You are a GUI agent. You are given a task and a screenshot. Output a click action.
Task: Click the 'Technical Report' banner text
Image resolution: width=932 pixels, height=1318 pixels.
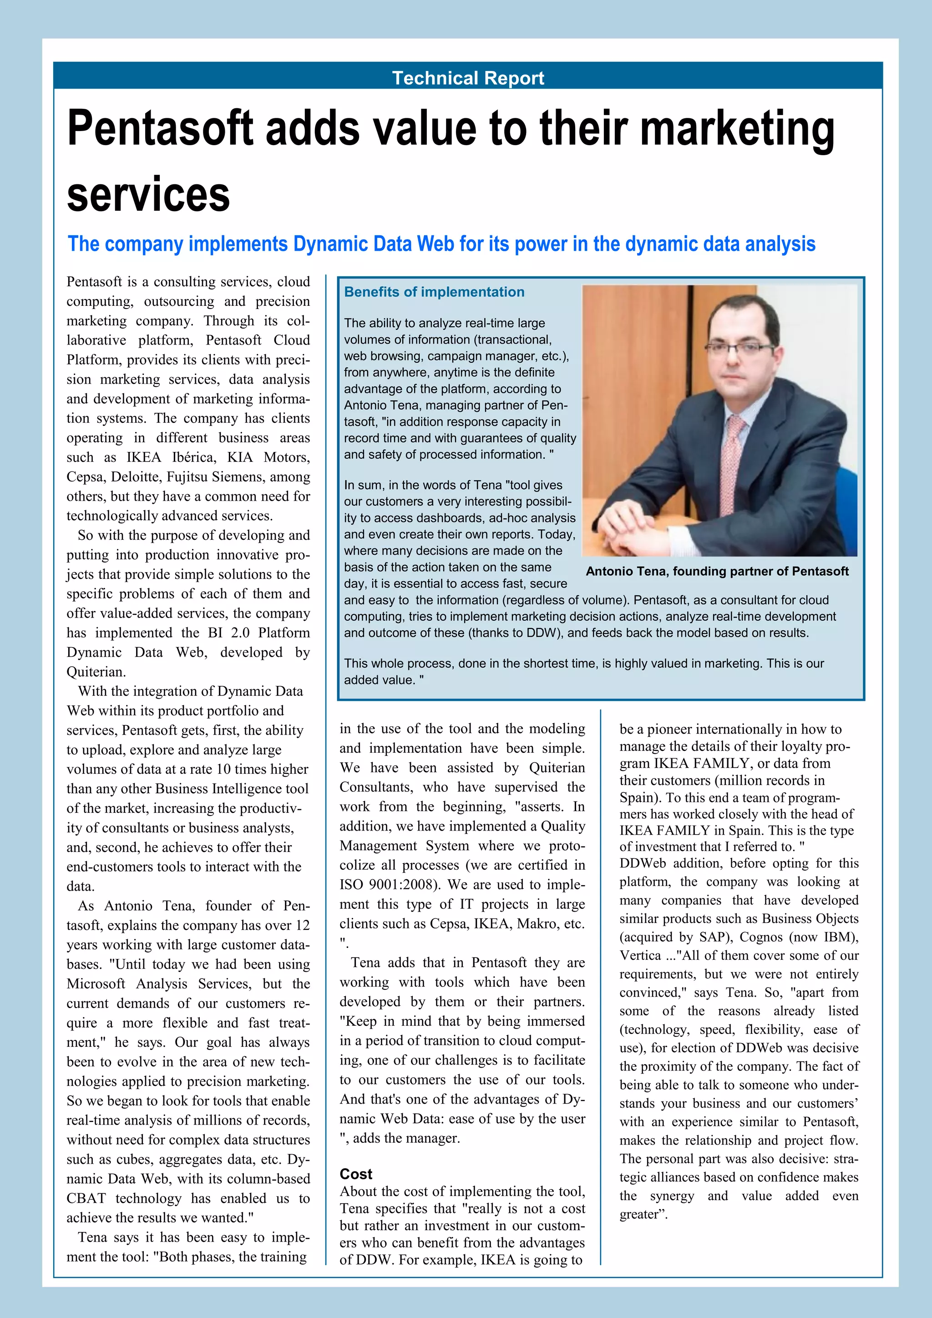(x=468, y=77)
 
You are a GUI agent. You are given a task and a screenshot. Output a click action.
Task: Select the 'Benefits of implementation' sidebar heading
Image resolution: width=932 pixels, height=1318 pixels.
(x=434, y=292)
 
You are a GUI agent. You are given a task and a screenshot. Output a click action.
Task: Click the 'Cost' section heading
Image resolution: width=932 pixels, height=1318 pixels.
(x=356, y=1173)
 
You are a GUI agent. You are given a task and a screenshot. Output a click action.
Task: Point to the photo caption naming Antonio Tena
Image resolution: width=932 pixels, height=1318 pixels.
(x=717, y=571)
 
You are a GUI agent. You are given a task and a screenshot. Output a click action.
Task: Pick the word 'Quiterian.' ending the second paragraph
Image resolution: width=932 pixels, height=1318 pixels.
(x=96, y=672)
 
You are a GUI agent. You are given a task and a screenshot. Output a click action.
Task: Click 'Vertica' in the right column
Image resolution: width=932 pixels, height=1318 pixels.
(x=640, y=955)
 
